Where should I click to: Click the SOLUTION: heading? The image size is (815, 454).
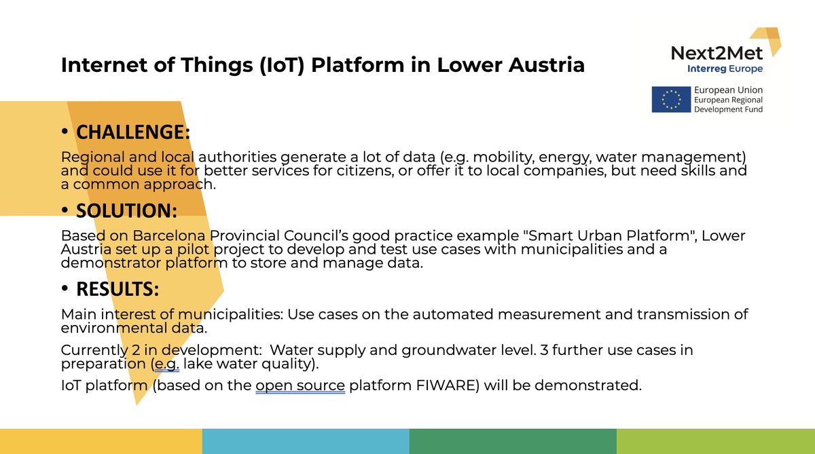click(x=126, y=210)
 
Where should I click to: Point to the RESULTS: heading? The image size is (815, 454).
click(x=117, y=289)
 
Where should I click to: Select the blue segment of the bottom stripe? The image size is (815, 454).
click(x=306, y=441)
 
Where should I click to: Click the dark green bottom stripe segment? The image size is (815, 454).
click(x=512, y=441)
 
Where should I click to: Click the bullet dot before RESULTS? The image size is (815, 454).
click(x=65, y=290)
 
